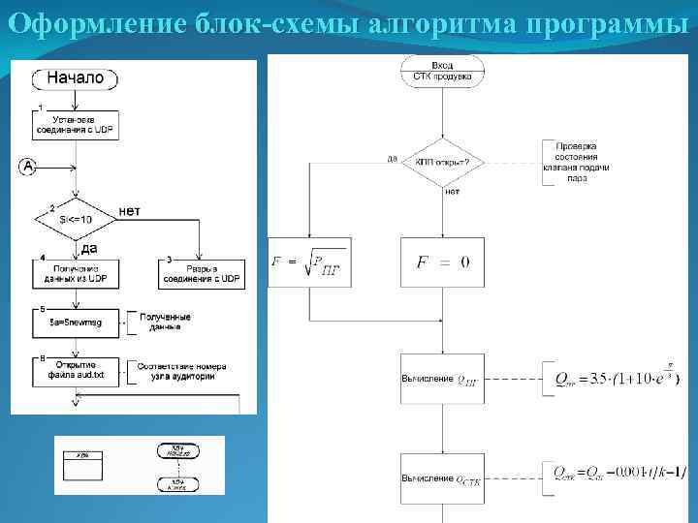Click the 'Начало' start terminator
[75, 78]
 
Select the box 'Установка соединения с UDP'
[76, 126]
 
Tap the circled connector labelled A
[27, 168]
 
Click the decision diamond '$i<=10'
[76, 220]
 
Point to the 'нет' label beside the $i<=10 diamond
[129, 210]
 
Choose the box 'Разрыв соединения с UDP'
[201, 273]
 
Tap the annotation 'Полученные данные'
[164, 322]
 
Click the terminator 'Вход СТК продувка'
[442, 71]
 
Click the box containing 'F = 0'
[442, 262]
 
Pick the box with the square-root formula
[309, 262]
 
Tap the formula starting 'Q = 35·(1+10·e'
[614, 377]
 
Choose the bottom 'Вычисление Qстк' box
[442, 478]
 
